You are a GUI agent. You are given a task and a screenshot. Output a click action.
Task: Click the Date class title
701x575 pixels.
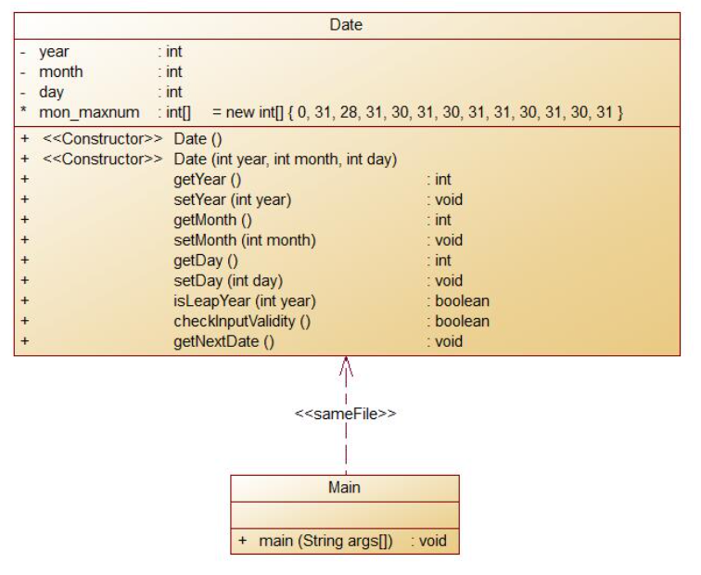pyautogui.click(x=346, y=25)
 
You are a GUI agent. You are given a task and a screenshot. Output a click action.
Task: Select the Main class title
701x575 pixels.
pyautogui.click(x=344, y=487)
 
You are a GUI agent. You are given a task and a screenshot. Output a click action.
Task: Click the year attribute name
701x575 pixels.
pyautogui.click(x=54, y=52)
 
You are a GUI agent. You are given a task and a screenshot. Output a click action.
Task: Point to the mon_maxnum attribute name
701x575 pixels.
pyautogui.click(x=89, y=112)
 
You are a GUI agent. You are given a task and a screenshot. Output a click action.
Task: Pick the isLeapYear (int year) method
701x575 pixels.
pyautogui.click(x=245, y=300)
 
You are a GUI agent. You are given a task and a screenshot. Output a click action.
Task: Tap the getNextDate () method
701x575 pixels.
pyautogui.click(x=224, y=341)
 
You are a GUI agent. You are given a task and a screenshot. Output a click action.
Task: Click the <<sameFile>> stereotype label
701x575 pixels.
pyautogui.click(x=345, y=414)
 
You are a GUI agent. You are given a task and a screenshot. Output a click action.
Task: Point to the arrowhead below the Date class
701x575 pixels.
pyautogui.click(x=346, y=365)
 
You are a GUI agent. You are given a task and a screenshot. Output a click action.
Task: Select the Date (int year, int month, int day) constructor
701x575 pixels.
pyautogui.click(x=286, y=160)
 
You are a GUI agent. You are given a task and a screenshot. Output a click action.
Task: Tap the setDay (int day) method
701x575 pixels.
pyautogui.click(x=228, y=280)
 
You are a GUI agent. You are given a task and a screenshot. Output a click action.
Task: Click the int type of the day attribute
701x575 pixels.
pyautogui.click(x=173, y=92)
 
